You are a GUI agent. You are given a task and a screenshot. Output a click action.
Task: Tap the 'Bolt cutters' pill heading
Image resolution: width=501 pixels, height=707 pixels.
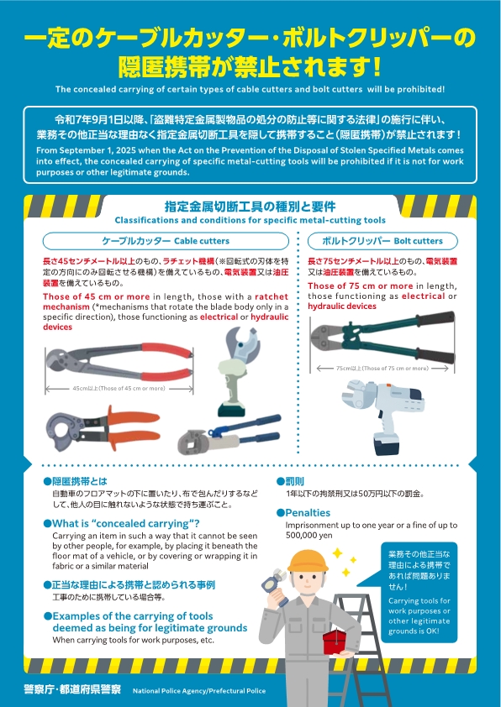coord(383,240)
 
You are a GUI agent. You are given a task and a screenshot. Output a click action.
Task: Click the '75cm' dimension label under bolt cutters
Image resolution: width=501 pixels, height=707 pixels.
coord(382,369)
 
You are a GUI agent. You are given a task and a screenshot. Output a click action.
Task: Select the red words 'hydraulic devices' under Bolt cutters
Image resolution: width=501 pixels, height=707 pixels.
coord(341,306)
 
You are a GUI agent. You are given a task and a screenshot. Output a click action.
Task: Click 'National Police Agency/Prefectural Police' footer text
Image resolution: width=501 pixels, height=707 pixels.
coord(199,691)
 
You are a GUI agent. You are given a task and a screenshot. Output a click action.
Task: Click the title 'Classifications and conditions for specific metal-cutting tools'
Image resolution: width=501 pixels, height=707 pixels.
coord(250,220)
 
